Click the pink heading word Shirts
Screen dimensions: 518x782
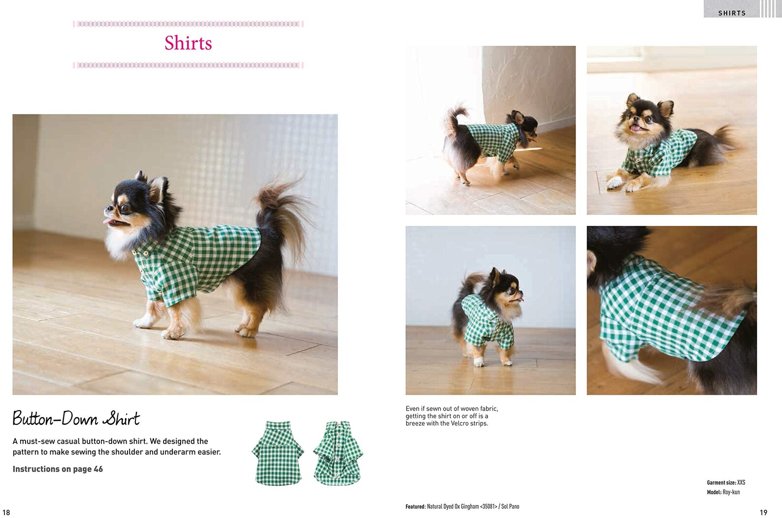click(188, 43)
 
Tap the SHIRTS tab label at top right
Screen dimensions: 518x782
click(731, 13)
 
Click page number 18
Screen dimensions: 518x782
click(6, 512)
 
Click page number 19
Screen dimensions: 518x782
click(763, 512)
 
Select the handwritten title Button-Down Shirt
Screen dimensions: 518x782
click(76, 419)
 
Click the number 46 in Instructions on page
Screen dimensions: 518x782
click(98, 469)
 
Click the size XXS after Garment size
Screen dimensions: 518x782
click(741, 483)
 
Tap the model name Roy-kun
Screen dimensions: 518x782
click(731, 492)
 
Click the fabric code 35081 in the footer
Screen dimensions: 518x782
click(488, 507)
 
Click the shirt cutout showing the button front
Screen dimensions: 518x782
click(338, 453)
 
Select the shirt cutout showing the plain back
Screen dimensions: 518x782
click(278, 453)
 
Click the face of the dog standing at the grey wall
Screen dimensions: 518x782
click(510, 288)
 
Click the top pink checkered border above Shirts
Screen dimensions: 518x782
click(188, 24)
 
